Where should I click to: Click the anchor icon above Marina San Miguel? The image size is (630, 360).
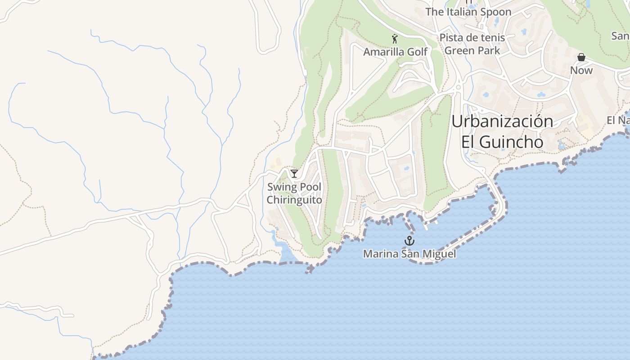(x=409, y=241)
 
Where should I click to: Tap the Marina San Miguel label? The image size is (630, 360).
(x=409, y=254)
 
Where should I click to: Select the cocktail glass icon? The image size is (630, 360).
(x=294, y=173)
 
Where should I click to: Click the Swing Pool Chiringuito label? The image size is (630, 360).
(x=295, y=193)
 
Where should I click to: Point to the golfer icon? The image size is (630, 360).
(x=395, y=39)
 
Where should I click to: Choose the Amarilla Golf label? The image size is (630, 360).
(x=395, y=52)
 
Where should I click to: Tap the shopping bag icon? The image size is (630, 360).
(x=581, y=57)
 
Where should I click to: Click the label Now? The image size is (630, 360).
(x=581, y=70)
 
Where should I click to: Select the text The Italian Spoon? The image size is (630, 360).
(x=468, y=12)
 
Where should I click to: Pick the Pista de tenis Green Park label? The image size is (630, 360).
(x=472, y=44)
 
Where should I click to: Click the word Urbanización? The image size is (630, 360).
(x=502, y=121)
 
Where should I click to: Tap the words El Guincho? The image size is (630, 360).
(x=502, y=142)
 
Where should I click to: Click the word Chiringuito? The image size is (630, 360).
(x=295, y=199)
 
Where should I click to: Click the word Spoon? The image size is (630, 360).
(x=495, y=12)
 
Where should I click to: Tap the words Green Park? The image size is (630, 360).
(x=472, y=50)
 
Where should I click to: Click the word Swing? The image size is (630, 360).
(x=282, y=187)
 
